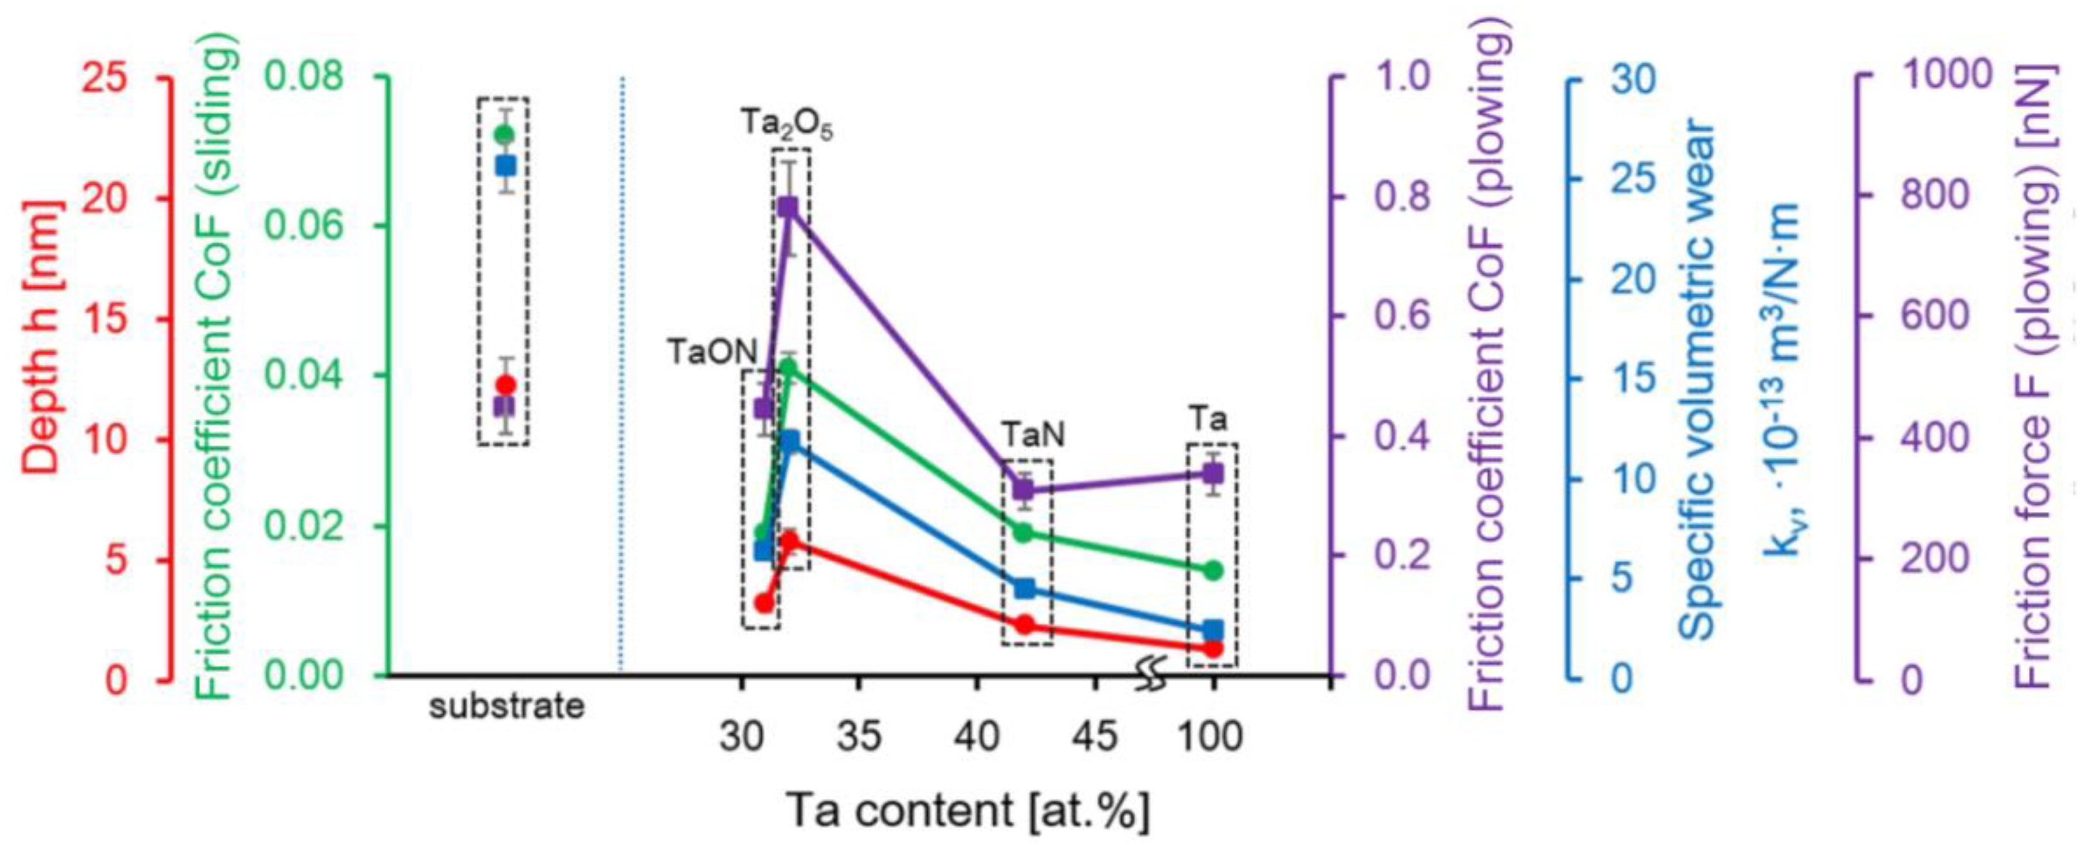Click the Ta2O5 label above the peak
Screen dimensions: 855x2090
pos(786,125)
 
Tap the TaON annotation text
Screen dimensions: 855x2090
pos(711,352)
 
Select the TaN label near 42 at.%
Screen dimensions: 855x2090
pos(1032,436)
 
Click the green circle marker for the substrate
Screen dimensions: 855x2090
pos(505,135)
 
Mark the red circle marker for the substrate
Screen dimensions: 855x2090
pos(505,384)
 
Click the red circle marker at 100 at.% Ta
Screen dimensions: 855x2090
pos(1213,648)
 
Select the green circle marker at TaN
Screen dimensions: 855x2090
pos(1024,533)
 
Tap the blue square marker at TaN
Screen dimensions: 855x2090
pos(1024,588)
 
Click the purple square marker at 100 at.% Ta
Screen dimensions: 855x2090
pos(1213,474)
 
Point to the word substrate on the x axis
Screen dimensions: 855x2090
pos(506,706)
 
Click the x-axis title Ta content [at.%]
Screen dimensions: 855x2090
pos(967,811)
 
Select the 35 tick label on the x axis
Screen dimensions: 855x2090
pos(858,737)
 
